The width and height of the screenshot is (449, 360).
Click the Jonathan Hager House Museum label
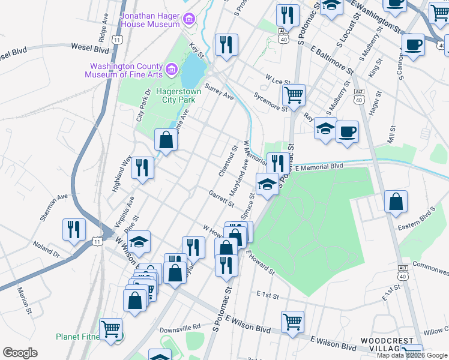point(151,19)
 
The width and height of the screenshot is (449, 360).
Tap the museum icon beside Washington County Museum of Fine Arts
point(172,70)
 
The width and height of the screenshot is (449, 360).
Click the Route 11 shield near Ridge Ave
point(118,39)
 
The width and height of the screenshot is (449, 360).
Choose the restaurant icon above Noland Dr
point(74,229)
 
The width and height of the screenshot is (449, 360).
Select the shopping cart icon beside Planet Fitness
point(111,329)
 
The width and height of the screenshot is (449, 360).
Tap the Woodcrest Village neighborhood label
point(387,345)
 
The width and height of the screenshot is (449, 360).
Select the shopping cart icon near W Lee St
point(294,95)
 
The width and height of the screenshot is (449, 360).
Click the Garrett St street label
point(221,197)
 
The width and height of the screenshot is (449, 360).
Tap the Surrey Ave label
point(219,91)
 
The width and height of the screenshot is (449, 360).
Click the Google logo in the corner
point(20,353)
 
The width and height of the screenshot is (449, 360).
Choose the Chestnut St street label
point(229,161)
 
